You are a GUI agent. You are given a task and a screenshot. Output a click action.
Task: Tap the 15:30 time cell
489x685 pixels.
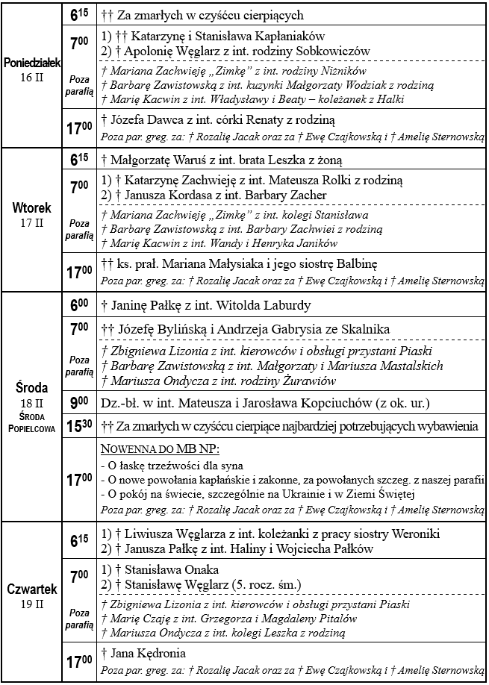[x=79, y=427]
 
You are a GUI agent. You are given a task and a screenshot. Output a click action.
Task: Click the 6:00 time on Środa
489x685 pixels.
[x=79, y=305]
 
